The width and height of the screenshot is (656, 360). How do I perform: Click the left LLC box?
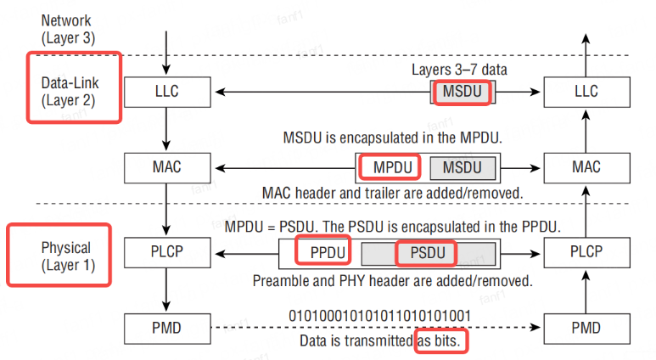point(166,90)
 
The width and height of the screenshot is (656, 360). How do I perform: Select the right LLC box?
point(586,90)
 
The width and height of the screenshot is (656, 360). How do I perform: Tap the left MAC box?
point(166,167)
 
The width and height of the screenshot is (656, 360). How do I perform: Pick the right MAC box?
point(586,167)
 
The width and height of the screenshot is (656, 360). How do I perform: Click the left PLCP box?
point(166,252)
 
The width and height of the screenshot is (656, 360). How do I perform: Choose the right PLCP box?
point(586,252)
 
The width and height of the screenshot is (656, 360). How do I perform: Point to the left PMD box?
point(166,326)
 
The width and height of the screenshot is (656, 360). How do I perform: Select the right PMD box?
point(586,326)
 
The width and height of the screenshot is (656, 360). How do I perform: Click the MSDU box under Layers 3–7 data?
point(463,91)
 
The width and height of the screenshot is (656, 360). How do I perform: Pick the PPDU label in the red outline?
point(321,252)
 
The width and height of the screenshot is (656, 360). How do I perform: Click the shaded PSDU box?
point(428,253)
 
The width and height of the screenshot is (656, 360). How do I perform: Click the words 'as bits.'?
point(442,341)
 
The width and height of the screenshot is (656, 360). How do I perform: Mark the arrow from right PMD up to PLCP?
point(586,290)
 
